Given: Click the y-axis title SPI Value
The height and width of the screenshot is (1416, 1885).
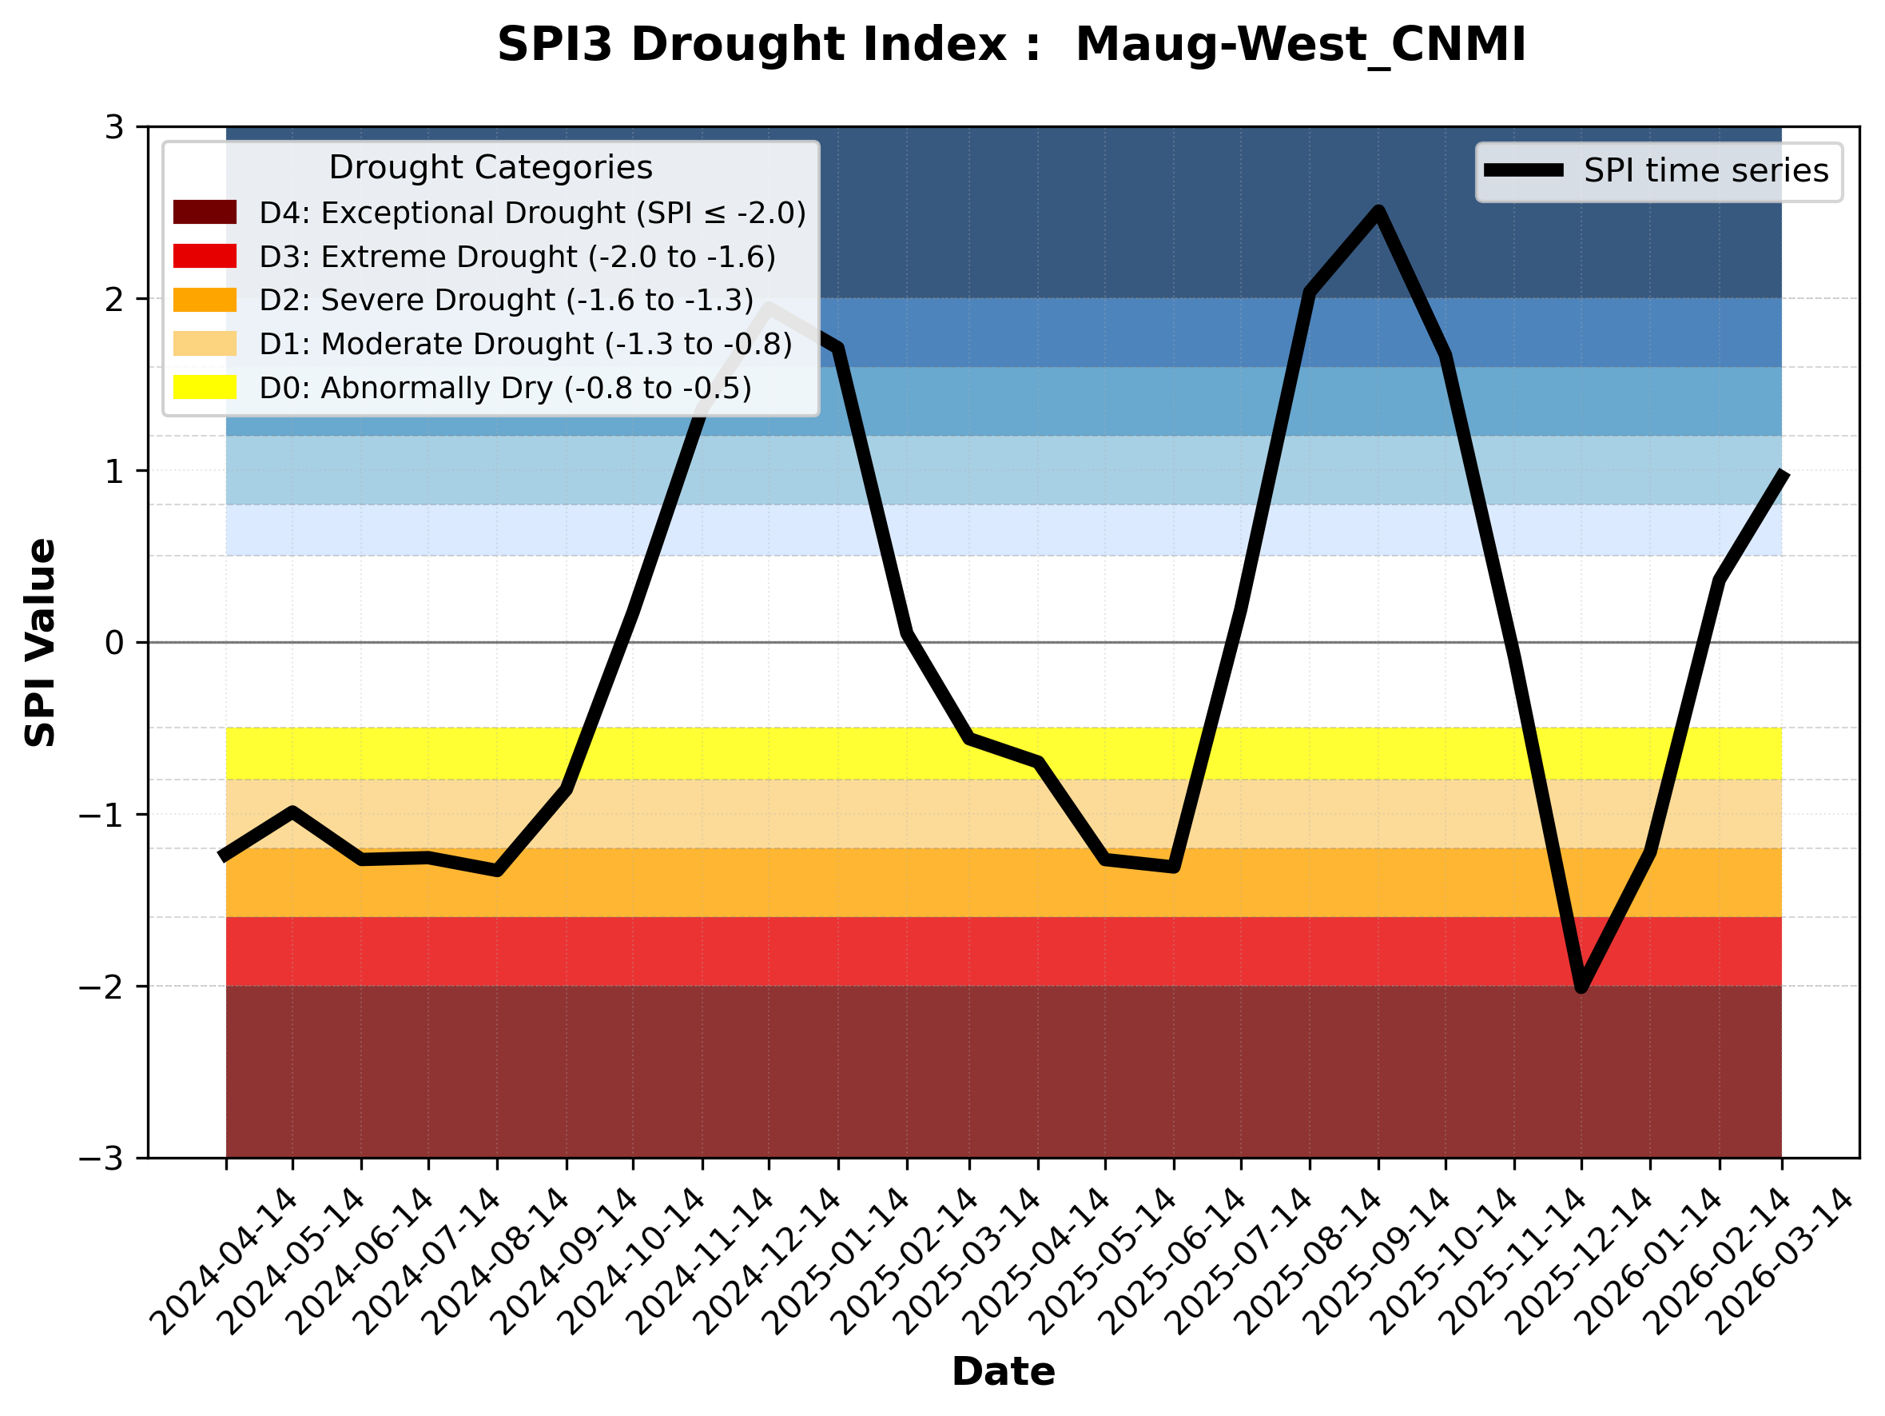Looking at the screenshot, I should click(40, 643).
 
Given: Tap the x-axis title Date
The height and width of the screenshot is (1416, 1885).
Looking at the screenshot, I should click(1003, 1372).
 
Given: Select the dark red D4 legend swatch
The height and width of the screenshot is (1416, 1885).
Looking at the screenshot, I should click(205, 212).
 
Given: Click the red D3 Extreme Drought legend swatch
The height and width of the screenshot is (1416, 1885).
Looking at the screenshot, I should click(205, 256).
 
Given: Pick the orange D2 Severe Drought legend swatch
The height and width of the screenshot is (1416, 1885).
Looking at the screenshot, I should click(205, 300).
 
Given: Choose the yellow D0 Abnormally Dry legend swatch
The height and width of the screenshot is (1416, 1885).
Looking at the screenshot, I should click(205, 387).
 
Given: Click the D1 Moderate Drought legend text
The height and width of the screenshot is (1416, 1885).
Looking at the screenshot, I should click(525, 344).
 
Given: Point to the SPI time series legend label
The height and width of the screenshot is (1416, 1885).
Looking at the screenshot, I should click(1706, 171).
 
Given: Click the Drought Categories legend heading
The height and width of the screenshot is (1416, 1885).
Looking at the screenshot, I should click(490, 168).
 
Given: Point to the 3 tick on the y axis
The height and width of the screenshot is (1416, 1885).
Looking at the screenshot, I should click(114, 128).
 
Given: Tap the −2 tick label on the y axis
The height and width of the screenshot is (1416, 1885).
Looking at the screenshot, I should click(101, 987).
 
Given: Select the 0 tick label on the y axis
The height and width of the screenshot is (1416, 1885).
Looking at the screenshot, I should click(114, 643).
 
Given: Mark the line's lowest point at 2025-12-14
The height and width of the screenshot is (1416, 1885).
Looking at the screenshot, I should click(1581, 987).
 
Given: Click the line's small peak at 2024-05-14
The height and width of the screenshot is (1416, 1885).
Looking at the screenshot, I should click(292, 812).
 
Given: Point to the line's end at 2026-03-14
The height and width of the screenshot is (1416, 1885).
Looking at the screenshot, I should click(1781, 474).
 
